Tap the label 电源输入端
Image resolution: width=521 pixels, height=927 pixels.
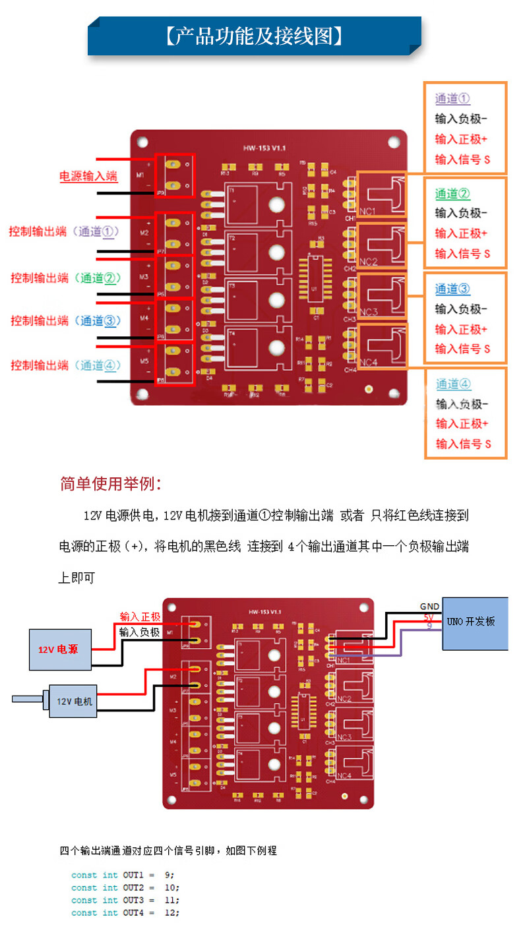click(88, 176)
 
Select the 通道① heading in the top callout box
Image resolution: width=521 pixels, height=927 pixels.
click(452, 99)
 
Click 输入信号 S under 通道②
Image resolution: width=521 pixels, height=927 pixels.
click(462, 253)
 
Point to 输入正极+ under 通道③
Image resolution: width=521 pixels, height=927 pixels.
click(461, 329)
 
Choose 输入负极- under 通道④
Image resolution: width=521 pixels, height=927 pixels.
click(461, 404)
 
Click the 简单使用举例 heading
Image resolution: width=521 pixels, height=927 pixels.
click(111, 484)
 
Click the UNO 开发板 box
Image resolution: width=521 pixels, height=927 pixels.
click(474, 622)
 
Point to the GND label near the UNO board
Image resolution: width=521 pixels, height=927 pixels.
click(429, 607)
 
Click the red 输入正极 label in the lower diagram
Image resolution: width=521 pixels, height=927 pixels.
click(140, 616)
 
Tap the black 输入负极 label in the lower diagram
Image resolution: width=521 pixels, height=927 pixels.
click(140, 632)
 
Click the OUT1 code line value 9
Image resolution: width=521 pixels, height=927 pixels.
click(168, 875)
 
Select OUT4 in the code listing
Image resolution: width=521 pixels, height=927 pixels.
click(133, 912)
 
